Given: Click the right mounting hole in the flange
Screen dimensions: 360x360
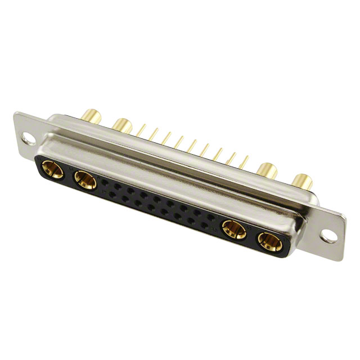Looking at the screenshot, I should (x=331, y=235).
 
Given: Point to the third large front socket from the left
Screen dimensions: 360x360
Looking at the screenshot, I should (x=233, y=229).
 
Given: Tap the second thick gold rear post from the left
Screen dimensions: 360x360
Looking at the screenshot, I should (x=121, y=125).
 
